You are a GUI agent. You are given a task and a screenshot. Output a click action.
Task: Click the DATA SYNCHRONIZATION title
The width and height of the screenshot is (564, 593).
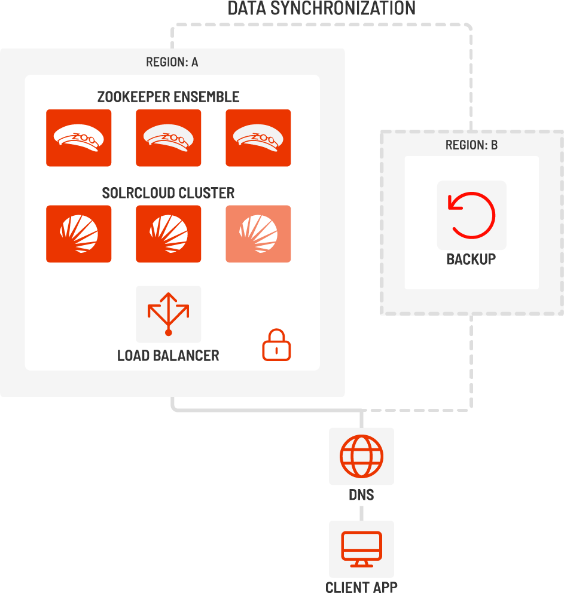click(322, 8)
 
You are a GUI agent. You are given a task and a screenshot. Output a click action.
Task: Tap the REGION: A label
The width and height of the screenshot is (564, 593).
click(172, 62)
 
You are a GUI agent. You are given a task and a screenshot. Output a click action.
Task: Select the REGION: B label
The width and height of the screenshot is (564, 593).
click(471, 145)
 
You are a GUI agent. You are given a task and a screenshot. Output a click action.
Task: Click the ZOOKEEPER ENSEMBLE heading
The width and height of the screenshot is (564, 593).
click(168, 97)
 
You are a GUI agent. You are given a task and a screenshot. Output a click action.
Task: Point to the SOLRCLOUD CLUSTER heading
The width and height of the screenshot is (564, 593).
click(168, 193)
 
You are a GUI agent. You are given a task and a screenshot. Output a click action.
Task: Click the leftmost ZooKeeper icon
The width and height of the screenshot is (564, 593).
click(79, 138)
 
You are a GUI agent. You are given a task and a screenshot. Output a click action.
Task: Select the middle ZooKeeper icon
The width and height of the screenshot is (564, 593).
click(168, 138)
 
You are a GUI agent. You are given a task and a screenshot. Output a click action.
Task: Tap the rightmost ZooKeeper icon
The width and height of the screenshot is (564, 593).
click(258, 138)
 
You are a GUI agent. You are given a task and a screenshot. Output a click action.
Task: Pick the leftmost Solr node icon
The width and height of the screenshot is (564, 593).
click(79, 234)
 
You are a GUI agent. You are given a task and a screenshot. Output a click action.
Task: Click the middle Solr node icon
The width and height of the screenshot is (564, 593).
click(168, 234)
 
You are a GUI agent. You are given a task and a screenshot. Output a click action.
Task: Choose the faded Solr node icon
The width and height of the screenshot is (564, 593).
click(258, 234)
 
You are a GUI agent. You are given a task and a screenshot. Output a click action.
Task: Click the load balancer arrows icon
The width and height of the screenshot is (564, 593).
click(168, 314)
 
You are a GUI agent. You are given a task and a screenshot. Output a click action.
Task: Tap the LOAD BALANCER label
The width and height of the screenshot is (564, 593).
click(168, 356)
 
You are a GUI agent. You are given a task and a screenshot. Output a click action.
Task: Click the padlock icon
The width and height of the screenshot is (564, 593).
click(276, 345)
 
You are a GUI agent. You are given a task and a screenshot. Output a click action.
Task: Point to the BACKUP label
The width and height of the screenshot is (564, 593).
click(471, 259)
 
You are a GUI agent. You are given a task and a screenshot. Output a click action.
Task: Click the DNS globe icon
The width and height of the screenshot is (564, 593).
click(362, 457)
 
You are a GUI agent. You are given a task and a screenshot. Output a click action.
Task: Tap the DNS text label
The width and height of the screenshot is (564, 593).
click(362, 495)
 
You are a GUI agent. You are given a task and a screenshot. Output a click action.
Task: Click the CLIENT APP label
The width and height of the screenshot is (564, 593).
click(362, 586)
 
